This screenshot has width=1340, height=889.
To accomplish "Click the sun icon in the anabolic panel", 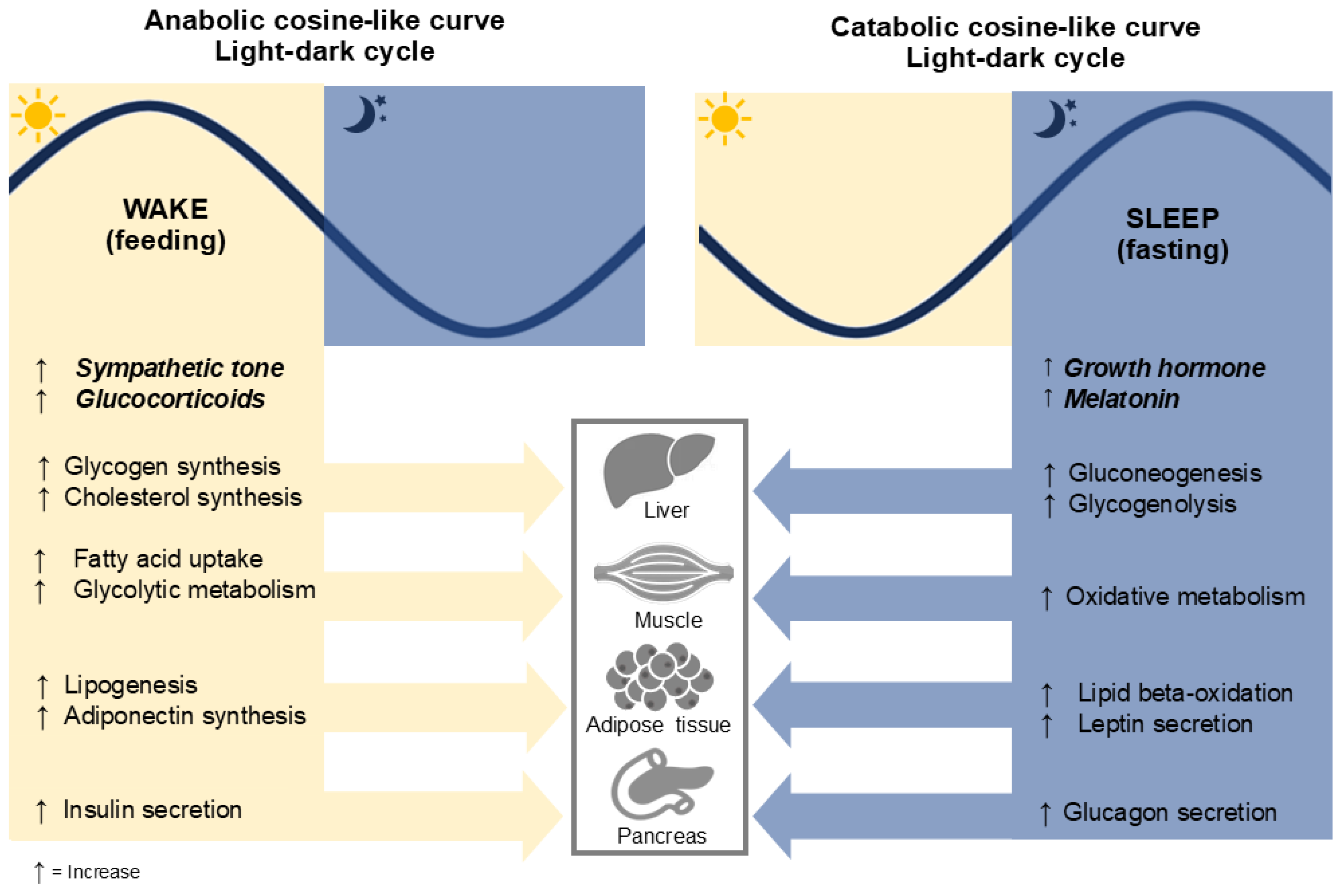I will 38,115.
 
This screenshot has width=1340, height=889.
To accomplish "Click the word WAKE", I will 166,209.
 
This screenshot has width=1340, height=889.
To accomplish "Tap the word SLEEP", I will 1172,218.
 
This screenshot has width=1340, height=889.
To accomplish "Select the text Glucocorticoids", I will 170,399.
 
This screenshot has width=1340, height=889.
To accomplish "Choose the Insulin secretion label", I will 152,809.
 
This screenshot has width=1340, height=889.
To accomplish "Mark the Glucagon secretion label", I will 1170,812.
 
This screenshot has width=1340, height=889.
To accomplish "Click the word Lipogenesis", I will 130,685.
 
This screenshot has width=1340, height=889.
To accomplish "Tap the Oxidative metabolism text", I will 1185,596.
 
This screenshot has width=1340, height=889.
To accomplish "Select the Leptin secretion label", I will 1165,724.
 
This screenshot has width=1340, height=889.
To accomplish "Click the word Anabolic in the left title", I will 204,21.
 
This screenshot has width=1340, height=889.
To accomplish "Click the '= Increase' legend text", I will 95,871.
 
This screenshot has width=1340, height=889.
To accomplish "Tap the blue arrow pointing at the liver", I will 879,491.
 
